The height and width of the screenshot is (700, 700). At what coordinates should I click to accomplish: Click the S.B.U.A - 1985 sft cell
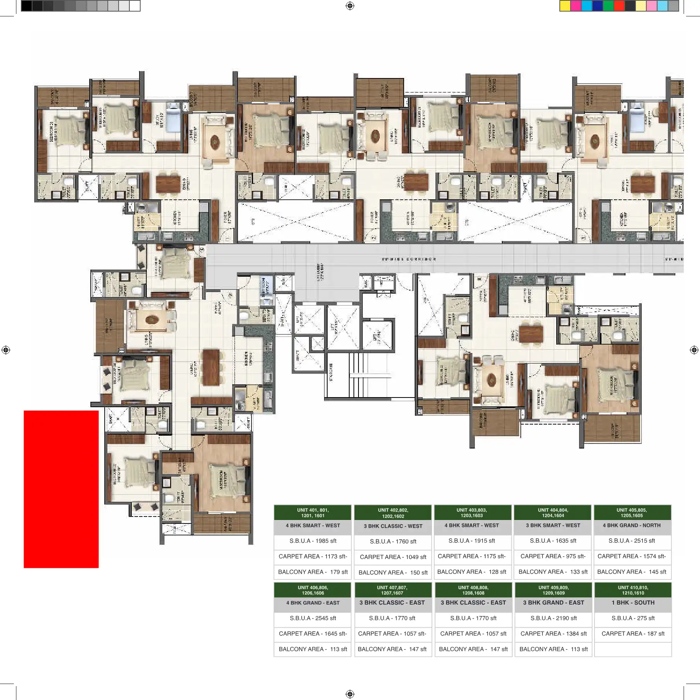pyautogui.click(x=313, y=541)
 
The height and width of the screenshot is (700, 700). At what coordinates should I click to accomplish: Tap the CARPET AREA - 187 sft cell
pyautogui.click(x=633, y=634)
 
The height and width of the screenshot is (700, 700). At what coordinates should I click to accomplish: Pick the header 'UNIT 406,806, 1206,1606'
pyautogui.click(x=313, y=590)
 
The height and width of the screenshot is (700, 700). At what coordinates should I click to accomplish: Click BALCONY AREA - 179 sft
pyautogui.click(x=313, y=572)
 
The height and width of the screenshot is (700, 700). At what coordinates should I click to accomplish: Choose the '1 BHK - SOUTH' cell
pyautogui.click(x=633, y=603)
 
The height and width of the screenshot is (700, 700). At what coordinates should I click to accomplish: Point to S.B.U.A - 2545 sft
pyautogui.click(x=313, y=618)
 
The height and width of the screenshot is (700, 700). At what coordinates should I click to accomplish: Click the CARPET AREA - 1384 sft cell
pyautogui.click(x=553, y=634)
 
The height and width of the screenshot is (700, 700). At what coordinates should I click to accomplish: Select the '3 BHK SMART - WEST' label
pyautogui.click(x=553, y=525)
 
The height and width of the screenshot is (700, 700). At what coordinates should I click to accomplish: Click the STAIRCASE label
pyautogui.click(x=331, y=372)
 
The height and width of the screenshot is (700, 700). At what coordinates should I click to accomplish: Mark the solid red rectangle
pyautogui.click(x=61, y=489)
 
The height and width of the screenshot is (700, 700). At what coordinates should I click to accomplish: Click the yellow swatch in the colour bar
pyautogui.click(x=565, y=6)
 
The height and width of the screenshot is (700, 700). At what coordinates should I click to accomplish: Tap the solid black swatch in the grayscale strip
pyautogui.click(x=26, y=6)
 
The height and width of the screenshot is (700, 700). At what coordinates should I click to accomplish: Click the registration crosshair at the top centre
pyautogui.click(x=350, y=6)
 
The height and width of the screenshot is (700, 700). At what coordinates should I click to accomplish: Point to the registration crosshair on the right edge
pyautogui.click(x=694, y=350)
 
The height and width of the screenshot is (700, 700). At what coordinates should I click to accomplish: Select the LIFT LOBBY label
pyautogui.click(x=320, y=272)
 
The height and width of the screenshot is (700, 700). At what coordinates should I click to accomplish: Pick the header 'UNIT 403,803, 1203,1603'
pyautogui.click(x=472, y=513)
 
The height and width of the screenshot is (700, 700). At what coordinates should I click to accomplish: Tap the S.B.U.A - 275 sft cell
pyautogui.click(x=633, y=618)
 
